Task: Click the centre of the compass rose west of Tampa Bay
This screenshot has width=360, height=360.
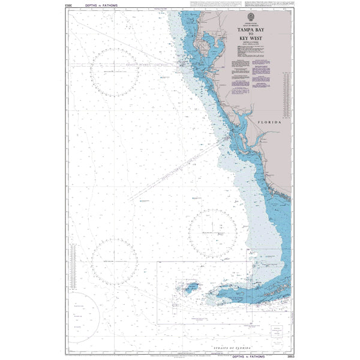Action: tap(115, 71)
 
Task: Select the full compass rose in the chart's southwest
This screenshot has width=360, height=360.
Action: tap(115, 262)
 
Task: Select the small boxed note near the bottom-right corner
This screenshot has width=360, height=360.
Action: tap(277, 332)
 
